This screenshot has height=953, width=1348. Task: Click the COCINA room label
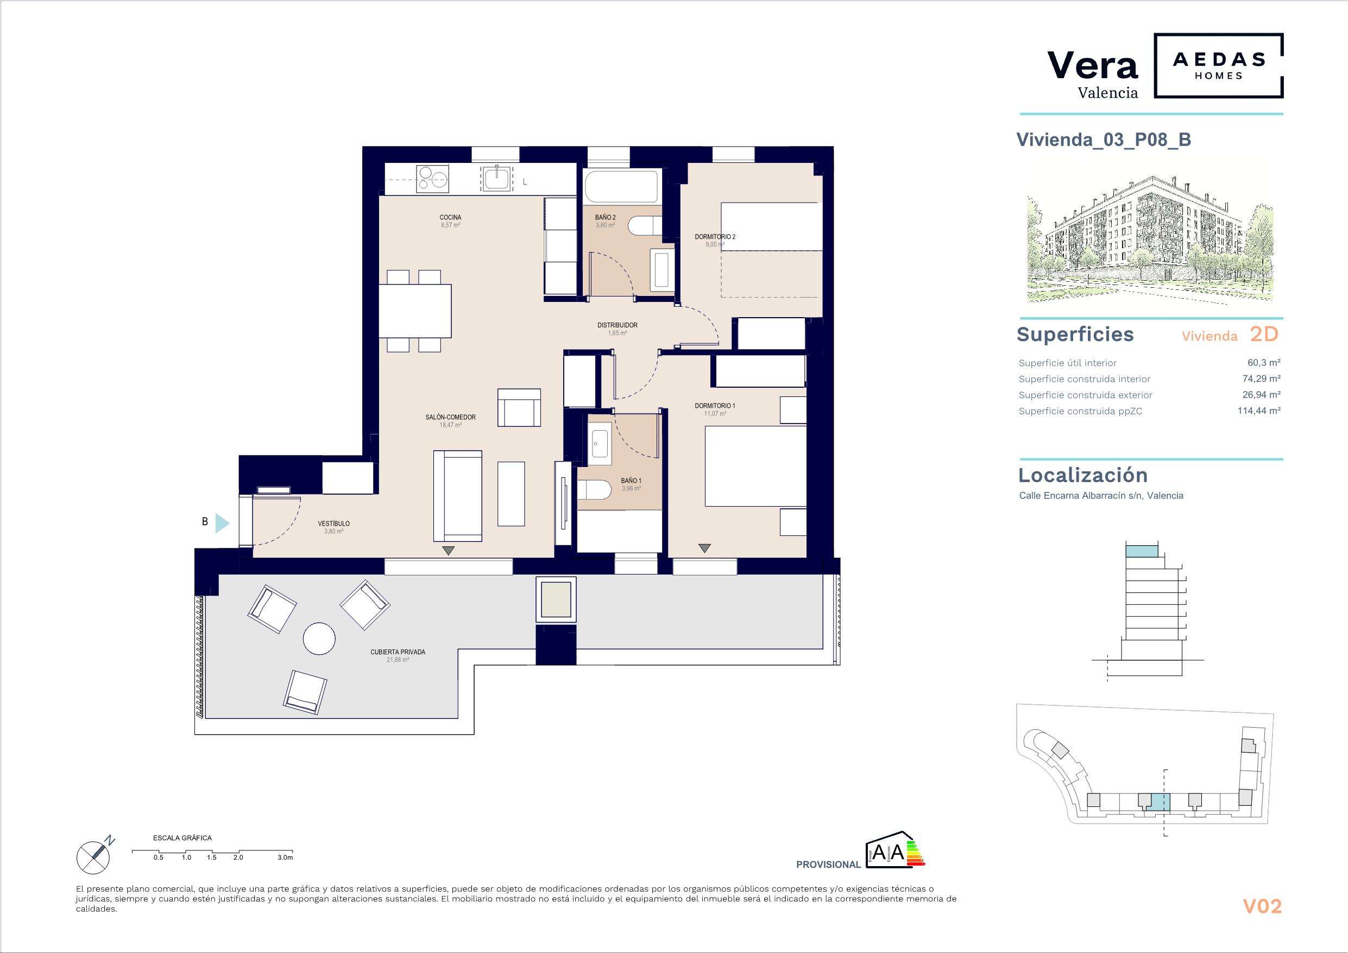tap(450, 217)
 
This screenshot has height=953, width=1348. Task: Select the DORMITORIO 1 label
tap(715, 406)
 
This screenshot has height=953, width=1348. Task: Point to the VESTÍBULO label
tap(333, 524)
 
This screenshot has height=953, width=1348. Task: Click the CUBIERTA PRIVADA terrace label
tap(398, 652)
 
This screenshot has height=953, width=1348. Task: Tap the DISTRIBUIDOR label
tap(617, 325)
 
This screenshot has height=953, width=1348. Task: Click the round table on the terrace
tap(319, 638)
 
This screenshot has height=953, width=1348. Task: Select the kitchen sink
tap(497, 179)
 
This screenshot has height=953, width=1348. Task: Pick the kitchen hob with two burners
tap(432, 179)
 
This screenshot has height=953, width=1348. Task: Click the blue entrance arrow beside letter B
tap(222, 522)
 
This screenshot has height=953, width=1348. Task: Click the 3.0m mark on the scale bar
tap(285, 858)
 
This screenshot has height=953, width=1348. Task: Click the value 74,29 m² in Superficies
tap(1261, 378)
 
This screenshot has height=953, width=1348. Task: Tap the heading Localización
tap(1082, 475)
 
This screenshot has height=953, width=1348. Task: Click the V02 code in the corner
tap(1262, 907)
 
